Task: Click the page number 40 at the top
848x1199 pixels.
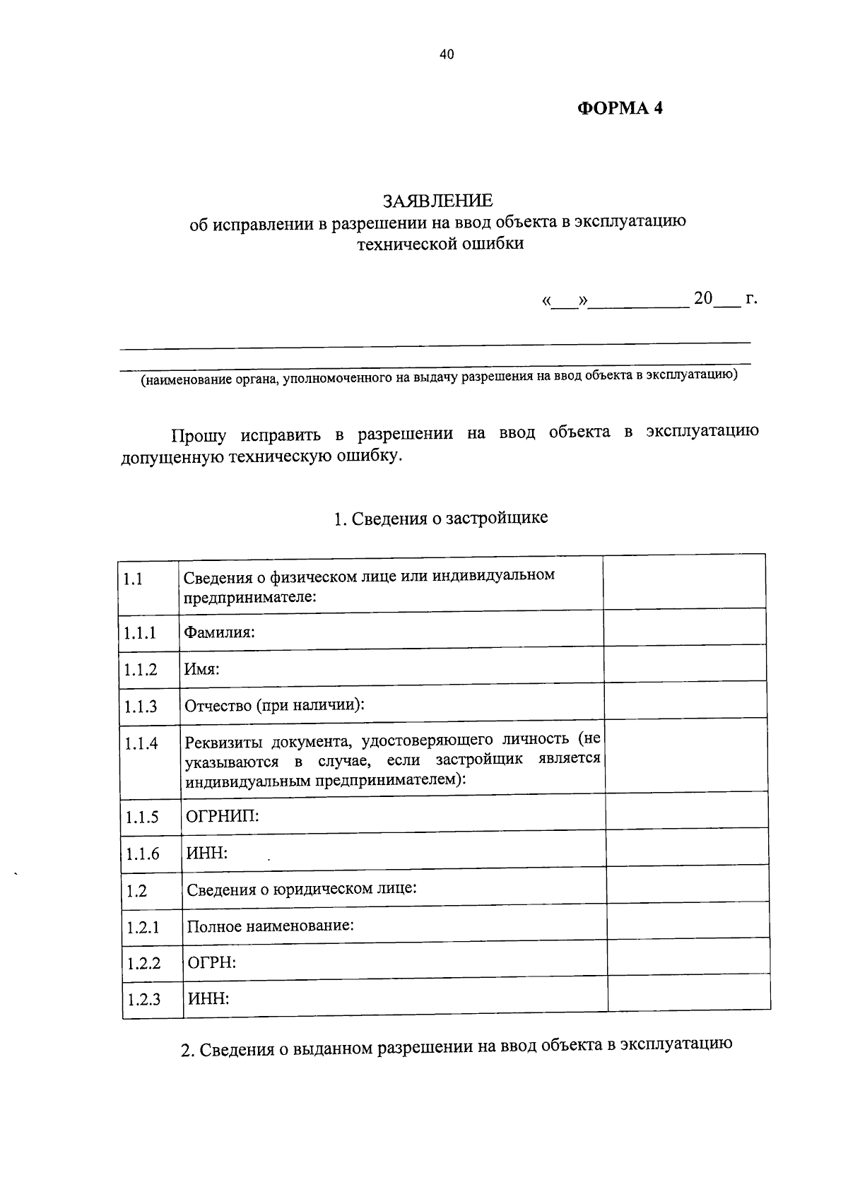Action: [x=446, y=54]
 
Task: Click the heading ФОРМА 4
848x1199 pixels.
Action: [x=620, y=108]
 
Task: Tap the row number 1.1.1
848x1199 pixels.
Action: [x=140, y=632]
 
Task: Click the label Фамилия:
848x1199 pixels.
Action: [x=219, y=632]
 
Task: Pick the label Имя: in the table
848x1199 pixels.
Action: [x=202, y=669]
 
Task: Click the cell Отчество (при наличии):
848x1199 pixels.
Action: [x=274, y=705]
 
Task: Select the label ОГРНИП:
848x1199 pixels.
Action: [x=223, y=817]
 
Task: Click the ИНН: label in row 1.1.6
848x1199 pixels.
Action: [x=207, y=854]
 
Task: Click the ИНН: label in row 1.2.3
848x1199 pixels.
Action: [x=208, y=999]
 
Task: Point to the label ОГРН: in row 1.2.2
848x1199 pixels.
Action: [x=211, y=962]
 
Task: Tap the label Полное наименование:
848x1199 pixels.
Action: [x=270, y=926]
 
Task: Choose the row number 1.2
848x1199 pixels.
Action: [x=137, y=890]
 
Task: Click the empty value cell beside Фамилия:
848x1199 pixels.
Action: [x=685, y=627]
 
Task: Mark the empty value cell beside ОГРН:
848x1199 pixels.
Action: [x=688, y=957]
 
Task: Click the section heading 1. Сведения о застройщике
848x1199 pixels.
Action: [x=440, y=519]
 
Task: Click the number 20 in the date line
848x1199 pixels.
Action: [x=703, y=298]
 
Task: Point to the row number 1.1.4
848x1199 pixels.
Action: [x=141, y=743]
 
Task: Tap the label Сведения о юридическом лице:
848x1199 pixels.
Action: [x=302, y=889]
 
